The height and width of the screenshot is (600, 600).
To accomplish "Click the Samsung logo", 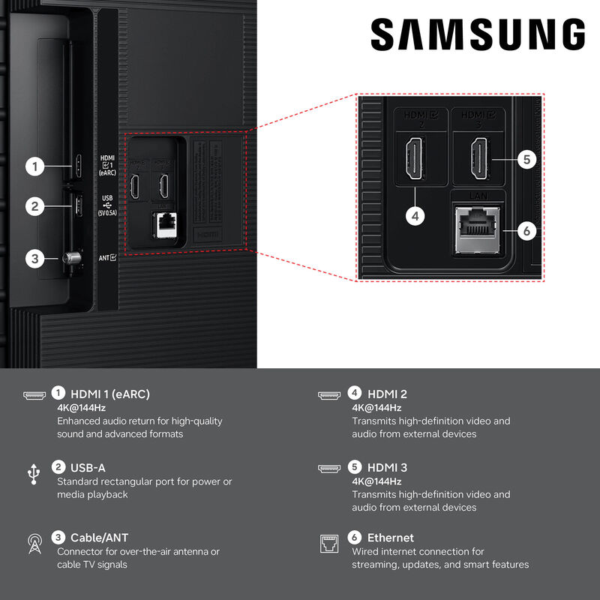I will (x=477, y=35).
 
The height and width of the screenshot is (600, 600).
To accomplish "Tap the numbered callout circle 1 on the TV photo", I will (x=34, y=166).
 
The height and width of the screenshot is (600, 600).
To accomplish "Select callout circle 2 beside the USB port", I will (x=34, y=205).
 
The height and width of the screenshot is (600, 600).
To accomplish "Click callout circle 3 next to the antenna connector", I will (x=34, y=259).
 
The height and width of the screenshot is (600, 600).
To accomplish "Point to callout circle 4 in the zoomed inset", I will (x=415, y=215).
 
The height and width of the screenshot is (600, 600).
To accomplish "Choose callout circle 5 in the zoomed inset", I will (x=527, y=160).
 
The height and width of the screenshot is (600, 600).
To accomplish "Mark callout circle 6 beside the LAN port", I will (x=527, y=231).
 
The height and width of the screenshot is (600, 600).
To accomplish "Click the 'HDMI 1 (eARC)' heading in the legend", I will (x=110, y=394).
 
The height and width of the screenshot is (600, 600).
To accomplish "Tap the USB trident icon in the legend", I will (x=34, y=472).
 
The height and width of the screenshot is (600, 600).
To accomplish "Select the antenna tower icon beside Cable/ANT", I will (x=34, y=544).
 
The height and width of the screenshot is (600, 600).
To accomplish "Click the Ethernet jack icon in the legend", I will (x=329, y=544).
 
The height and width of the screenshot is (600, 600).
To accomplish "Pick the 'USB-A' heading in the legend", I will (x=88, y=467).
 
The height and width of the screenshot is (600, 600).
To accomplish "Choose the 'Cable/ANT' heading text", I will (x=99, y=538).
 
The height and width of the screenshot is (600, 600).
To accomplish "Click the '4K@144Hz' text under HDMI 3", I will (x=376, y=481).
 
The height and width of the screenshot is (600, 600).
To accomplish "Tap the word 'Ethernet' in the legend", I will (x=390, y=538).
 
